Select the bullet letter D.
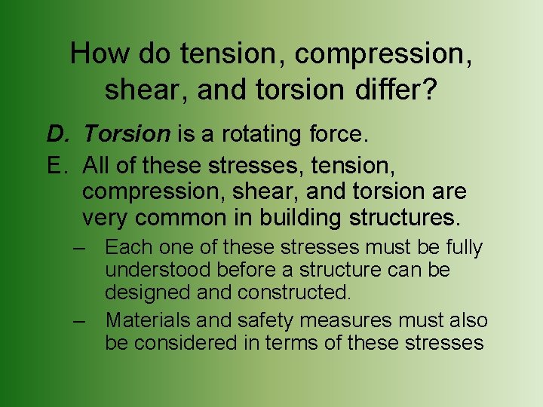57,134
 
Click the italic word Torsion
127,134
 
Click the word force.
334,134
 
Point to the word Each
127,247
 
